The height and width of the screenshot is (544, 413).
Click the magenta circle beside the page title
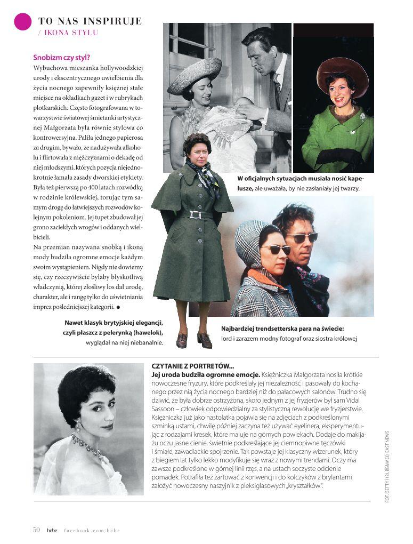[23, 21]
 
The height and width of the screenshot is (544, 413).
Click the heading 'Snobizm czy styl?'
[61, 58]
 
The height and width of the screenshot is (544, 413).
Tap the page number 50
[36, 530]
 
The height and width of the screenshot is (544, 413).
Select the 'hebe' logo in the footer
[52, 530]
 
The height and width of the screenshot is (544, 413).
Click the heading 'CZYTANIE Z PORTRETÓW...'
[193, 366]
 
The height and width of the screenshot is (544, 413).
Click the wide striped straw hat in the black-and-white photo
[195, 74]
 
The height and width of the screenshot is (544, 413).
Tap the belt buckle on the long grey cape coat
[194, 214]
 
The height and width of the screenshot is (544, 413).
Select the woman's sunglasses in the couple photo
[276, 249]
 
